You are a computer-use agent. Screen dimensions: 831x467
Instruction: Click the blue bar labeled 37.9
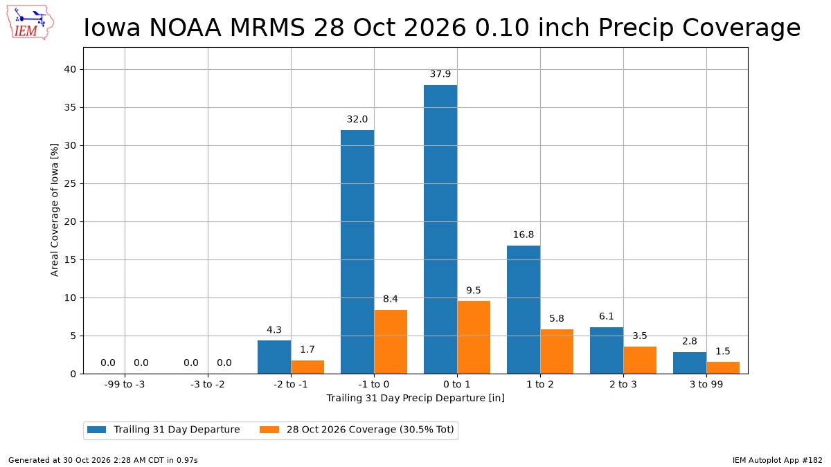pyautogui.click(x=440, y=230)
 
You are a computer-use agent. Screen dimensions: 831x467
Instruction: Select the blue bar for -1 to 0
pyautogui.click(x=357, y=252)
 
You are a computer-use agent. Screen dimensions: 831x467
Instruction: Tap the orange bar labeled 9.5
pyautogui.click(x=474, y=338)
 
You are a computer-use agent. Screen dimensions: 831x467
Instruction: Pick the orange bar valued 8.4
pyautogui.click(x=391, y=342)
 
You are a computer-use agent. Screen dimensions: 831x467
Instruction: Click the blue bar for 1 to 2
pyautogui.click(x=524, y=310)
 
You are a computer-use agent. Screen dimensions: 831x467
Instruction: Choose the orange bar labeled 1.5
pyautogui.click(x=723, y=368)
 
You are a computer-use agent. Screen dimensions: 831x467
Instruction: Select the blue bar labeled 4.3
pyautogui.click(x=274, y=357)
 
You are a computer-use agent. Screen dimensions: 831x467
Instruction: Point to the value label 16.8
pyautogui.click(x=524, y=235)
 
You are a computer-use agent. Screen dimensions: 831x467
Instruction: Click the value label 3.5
pyautogui.click(x=640, y=336)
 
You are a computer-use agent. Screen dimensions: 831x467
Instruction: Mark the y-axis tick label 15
pyautogui.click(x=70, y=260)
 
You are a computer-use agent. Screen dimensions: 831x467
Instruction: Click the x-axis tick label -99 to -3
pyautogui.click(x=125, y=385)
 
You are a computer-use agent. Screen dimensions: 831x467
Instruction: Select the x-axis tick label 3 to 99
pyautogui.click(x=706, y=385)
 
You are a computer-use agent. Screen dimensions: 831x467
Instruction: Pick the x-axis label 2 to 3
pyautogui.click(x=623, y=385)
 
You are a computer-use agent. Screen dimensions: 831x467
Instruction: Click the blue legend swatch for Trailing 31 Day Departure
pyautogui.click(x=97, y=430)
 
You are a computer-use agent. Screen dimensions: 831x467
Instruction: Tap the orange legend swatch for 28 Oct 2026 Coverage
pyautogui.click(x=269, y=430)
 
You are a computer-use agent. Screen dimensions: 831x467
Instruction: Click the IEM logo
pyautogui.click(x=30, y=22)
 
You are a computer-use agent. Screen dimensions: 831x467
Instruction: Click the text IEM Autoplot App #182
pyautogui.click(x=778, y=460)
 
